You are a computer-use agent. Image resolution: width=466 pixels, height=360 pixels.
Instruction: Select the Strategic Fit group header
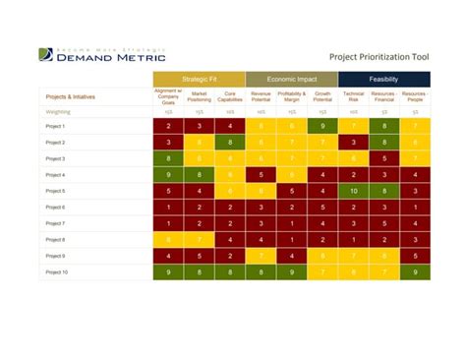click(x=199, y=79)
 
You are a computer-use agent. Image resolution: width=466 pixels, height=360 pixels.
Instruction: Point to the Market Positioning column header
click(x=199, y=96)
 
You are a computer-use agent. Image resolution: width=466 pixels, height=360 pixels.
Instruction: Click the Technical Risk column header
click(x=353, y=96)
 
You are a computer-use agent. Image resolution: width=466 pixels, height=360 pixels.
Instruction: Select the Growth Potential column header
click(x=322, y=96)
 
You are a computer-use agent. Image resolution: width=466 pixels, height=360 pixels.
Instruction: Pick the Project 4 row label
click(x=56, y=175)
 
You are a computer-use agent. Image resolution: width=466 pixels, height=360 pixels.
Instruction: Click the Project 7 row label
click(x=56, y=223)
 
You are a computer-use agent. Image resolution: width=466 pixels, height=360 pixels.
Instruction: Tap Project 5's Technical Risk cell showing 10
click(x=353, y=191)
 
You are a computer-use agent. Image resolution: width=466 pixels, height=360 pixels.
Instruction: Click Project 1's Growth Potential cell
click(x=322, y=127)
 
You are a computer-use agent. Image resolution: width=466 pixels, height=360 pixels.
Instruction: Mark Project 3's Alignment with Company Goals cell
click(x=168, y=158)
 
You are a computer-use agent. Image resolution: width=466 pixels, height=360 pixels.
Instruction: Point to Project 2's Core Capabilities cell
click(x=230, y=143)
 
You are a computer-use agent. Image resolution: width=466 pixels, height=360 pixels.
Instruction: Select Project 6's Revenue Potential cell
click(x=261, y=208)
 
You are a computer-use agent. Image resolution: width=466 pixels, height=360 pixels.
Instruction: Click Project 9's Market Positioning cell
click(x=199, y=256)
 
